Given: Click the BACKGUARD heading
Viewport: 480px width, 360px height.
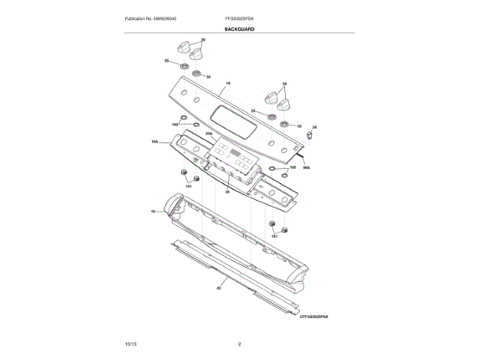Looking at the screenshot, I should point(239,28).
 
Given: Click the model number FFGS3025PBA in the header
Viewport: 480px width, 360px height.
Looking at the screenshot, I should point(239,17).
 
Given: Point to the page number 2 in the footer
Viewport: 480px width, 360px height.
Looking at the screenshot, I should point(239,343).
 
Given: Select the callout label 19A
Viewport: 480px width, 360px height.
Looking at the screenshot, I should point(154,140).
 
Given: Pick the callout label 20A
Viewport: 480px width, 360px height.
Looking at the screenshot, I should point(210,133).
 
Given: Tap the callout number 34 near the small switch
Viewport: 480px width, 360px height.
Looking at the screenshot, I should point(314,127).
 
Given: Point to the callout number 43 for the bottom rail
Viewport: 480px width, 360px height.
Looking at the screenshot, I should point(218,288).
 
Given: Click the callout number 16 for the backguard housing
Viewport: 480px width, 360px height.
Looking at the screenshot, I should point(153,212).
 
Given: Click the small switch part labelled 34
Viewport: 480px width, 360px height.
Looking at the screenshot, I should point(309,136).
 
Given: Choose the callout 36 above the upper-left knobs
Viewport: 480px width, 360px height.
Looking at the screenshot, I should point(202,39).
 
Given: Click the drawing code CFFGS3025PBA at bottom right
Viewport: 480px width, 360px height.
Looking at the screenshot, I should point(314,317).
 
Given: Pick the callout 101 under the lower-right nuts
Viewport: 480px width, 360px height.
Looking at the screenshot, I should point(274,236).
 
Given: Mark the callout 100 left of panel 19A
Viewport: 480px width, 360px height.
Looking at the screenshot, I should point(175,124).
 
